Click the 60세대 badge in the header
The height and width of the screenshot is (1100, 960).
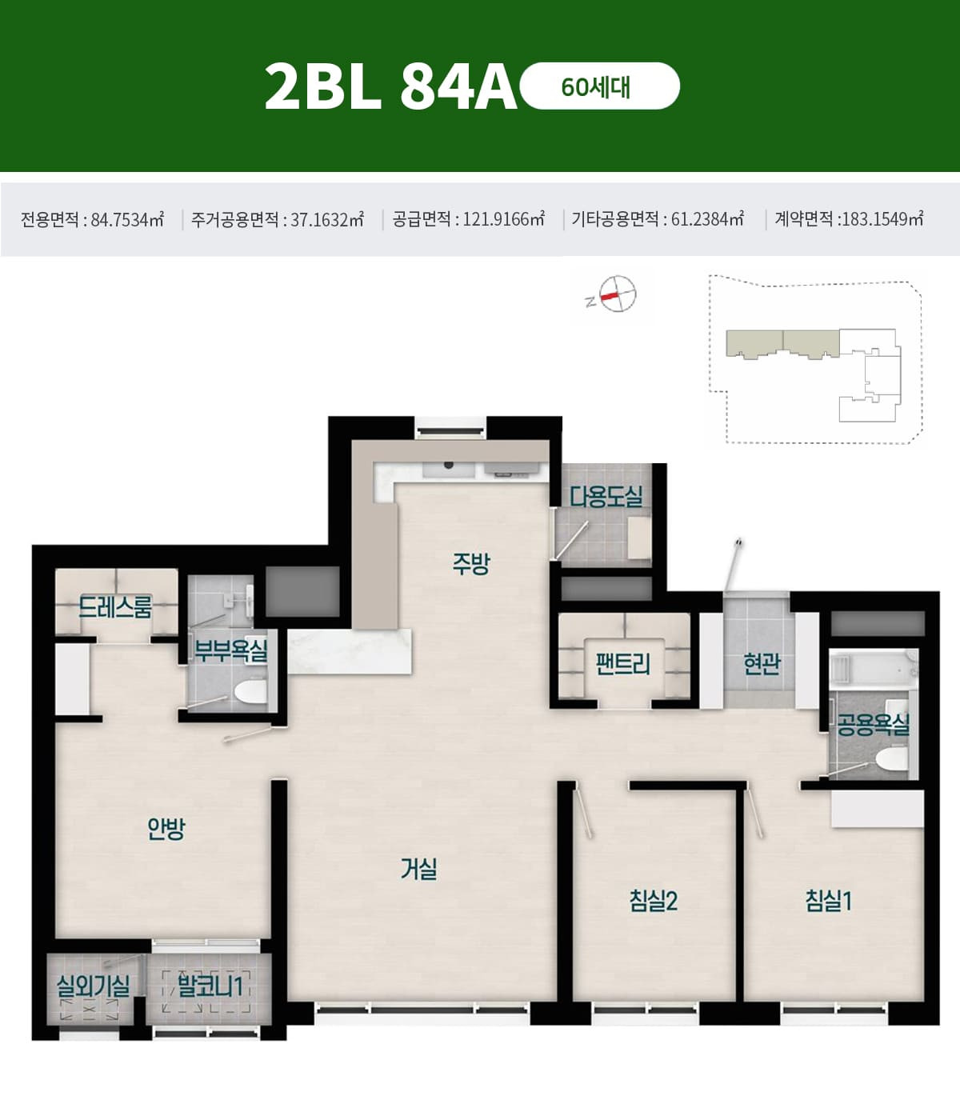coord(599,86)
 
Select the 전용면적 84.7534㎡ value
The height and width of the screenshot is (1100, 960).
coord(92,219)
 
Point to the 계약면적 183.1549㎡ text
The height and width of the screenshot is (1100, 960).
coord(849,219)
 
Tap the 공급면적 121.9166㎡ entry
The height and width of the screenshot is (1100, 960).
coord(468,219)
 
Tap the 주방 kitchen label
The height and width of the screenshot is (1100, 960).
coord(471,563)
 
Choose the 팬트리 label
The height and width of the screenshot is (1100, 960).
coord(623,664)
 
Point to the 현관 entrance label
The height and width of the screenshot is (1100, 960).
coord(761,664)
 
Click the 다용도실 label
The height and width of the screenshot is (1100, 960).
coord(606,496)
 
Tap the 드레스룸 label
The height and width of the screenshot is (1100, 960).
coord(115,607)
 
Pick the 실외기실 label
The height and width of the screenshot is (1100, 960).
coord(94,986)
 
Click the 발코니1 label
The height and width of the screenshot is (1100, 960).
coord(210,986)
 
